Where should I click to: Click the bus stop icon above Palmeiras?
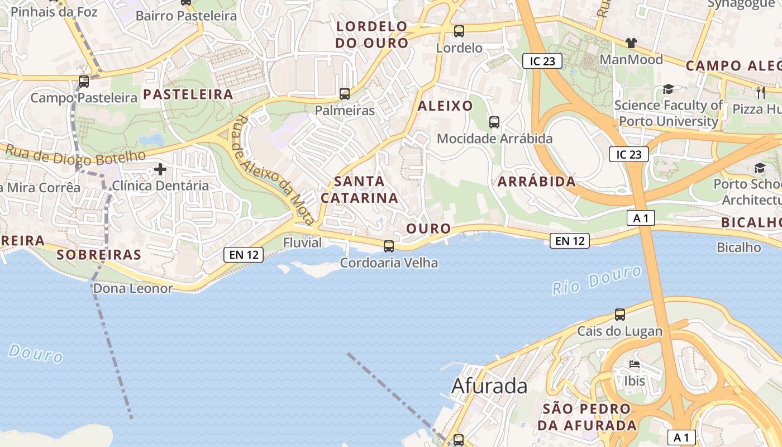345,93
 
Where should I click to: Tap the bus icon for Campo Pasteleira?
84,82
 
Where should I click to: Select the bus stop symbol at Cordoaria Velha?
389,246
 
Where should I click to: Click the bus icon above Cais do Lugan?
620,314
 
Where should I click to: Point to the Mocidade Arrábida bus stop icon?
494,122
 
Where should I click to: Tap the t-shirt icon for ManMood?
631,42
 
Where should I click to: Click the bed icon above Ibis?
635,364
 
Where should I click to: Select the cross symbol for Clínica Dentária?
160,169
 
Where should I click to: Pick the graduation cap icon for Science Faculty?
668,89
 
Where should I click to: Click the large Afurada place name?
489,386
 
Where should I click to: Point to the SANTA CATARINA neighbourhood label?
359,189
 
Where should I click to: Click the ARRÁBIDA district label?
536,182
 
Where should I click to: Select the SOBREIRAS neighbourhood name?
99,255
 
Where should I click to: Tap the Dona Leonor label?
133,288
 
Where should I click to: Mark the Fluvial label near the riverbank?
303,242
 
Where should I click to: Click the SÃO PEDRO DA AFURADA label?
587,417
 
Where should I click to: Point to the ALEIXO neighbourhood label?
445,106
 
